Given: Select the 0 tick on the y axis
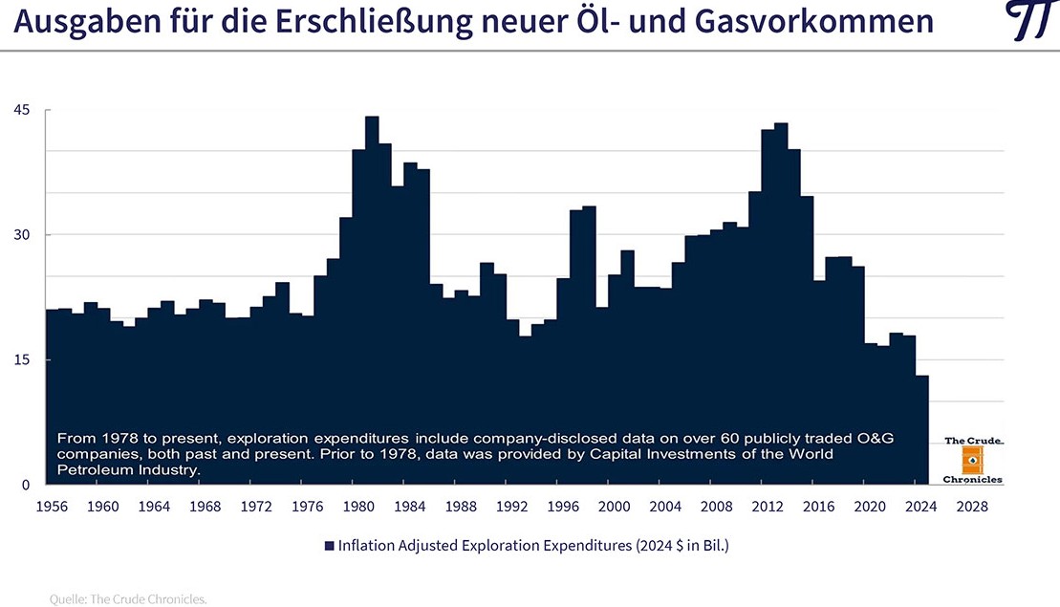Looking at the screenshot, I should click(x=26, y=486).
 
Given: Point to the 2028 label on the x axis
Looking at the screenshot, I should click(x=972, y=505).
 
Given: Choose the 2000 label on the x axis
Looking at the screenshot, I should click(x=615, y=505).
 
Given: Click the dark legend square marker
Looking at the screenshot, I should click(x=329, y=546).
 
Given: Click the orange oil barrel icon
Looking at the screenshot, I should click(x=973, y=461).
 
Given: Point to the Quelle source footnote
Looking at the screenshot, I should click(x=128, y=599).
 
